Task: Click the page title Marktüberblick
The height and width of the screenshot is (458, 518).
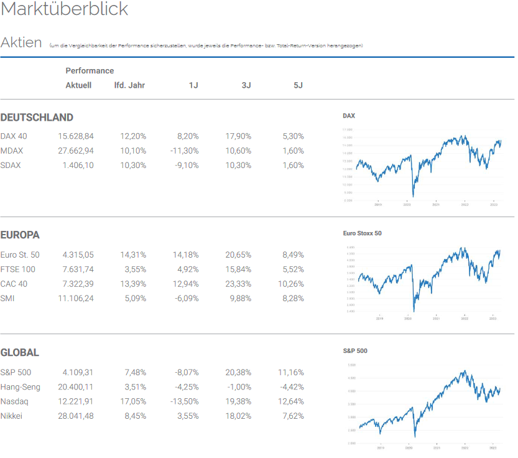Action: tap(65, 10)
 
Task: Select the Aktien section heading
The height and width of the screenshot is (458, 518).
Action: tap(21, 43)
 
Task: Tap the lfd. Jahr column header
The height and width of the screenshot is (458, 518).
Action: tap(129, 85)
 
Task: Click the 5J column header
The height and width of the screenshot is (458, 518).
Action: tap(298, 85)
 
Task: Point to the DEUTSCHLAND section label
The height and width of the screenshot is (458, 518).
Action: tap(37, 118)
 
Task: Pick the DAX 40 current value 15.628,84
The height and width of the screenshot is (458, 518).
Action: tap(76, 136)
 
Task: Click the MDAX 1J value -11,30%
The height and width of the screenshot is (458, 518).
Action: tap(184, 151)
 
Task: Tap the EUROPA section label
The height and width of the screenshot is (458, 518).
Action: tap(20, 235)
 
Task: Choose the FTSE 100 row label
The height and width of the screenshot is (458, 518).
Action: tap(18, 269)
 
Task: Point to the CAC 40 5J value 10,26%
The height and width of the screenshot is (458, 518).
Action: tap(290, 284)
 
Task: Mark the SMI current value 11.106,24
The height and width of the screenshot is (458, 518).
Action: tap(76, 298)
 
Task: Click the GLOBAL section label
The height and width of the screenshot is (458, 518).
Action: tap(20, 353)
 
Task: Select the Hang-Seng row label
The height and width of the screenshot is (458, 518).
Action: tap(21, 387)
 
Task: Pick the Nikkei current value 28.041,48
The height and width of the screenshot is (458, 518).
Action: tap(76, 416)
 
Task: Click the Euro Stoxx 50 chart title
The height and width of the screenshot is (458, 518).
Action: tap(362, 233)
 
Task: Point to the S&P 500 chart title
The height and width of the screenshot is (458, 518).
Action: tap(355, 351)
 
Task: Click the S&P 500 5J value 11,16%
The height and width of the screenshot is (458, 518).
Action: tap(290, 373)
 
